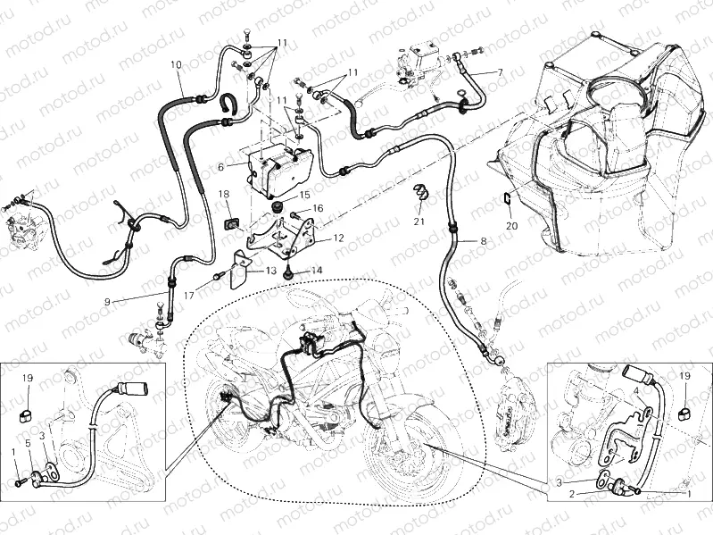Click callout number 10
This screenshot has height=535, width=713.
pos(175,64)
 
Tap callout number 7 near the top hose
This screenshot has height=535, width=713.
pos(500,71)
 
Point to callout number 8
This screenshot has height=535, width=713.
pos(483,241)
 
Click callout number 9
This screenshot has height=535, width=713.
pos(107,302)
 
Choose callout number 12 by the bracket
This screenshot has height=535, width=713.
pos(338,238)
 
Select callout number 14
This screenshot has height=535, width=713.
pos(317,269)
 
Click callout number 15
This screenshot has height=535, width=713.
pos(304,194)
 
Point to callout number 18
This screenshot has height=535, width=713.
pos(225,194)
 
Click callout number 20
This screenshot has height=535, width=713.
pos(510,226)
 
